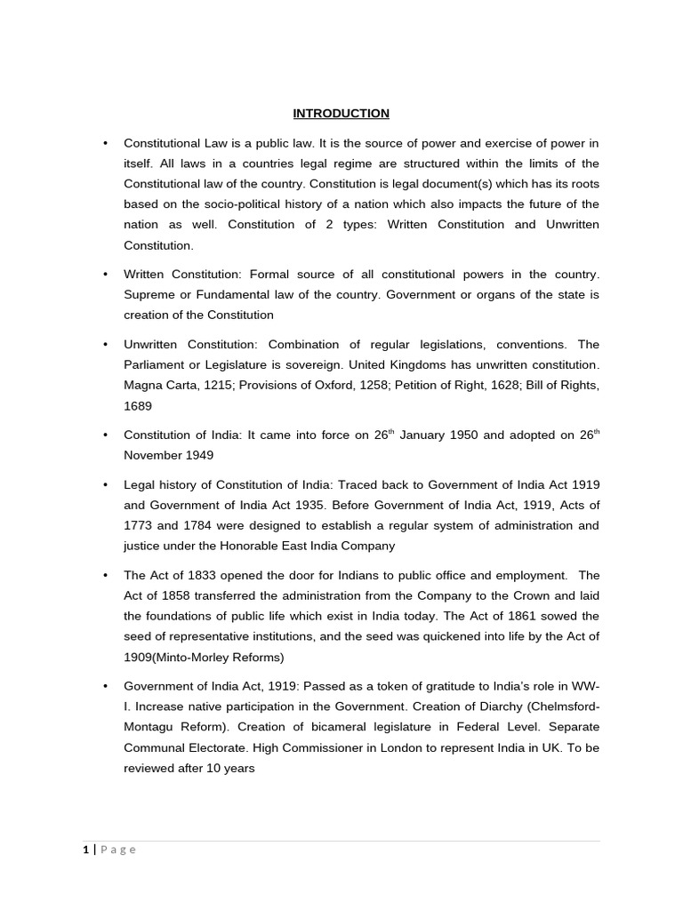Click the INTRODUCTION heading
pyautogui.click(x=341, y=114)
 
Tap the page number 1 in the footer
pyautogui.click(x=86, y=850)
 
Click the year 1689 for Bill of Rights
pyautogui.click(x=138, y=405)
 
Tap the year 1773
pyautogui.click(x=139, y=526)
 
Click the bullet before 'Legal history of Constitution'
pyautogui.click(x=105, y=485)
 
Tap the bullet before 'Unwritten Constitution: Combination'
pyautogui.click(x=105, y=345)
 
